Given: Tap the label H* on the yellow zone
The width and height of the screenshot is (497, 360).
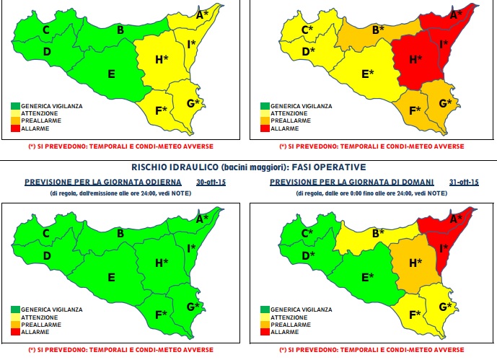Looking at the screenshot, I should pyautogui.click(x=163, y=59).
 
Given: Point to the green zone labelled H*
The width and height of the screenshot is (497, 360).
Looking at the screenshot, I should pyautogui.click(x=163, y=263).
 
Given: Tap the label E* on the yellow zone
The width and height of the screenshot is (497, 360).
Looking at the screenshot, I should pyautogui.click(x=368, y=74).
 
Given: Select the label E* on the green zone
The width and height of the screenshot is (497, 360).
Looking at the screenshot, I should pyautogui.click(x=368, y=277).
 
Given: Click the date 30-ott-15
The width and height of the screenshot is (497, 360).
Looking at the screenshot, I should pyautogui.click(x=211, y=183).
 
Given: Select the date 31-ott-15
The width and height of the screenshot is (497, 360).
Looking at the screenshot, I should pyautogui.click(x=463, y=183).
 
